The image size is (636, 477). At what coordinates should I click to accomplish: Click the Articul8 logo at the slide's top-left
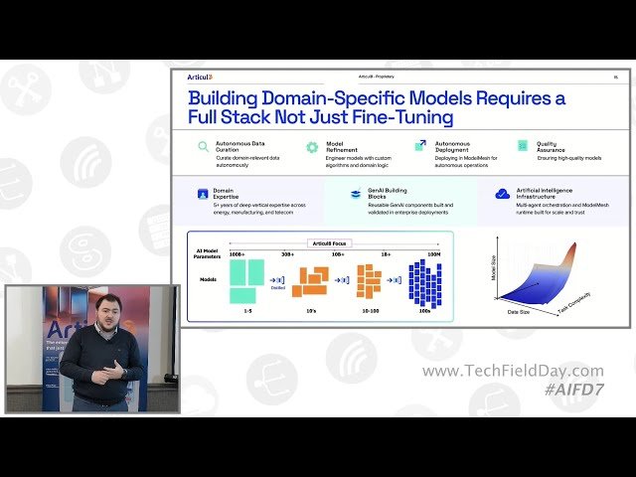coord(201,77)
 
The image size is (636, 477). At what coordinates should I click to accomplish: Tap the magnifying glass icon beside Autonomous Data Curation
coord(203,146)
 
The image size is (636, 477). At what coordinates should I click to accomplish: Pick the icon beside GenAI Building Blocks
coord(354,195)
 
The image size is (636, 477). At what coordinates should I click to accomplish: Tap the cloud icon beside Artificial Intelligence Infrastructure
coord(503,194)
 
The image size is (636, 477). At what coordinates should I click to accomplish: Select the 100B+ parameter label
coord(237,254)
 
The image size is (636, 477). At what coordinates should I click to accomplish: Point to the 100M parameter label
coord(434,254)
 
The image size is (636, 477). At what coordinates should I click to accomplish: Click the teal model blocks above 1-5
coord(245,280)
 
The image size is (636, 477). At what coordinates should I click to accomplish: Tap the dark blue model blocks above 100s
coord(424,282)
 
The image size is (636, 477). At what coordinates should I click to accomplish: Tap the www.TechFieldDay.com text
coord(512,371)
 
